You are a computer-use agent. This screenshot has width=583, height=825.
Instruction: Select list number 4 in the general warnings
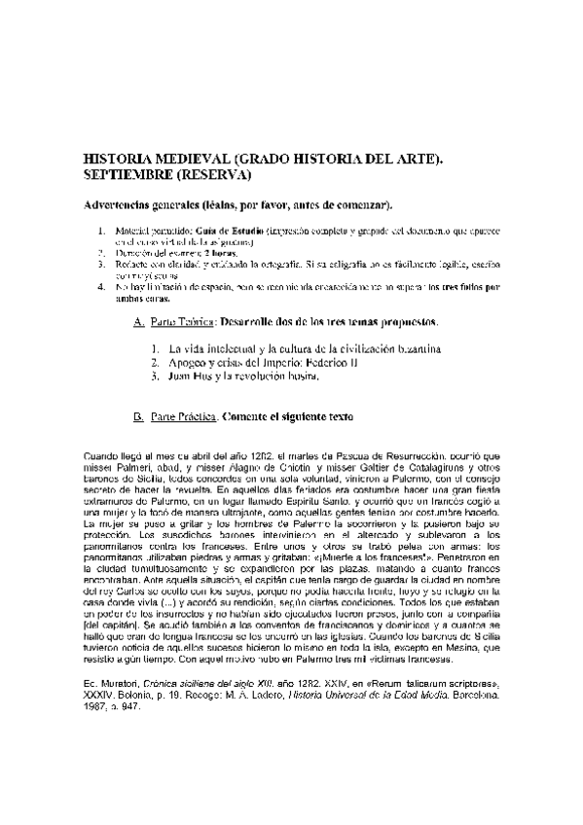click(101, 288)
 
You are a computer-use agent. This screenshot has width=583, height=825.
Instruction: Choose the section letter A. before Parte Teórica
click(137, 322)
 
